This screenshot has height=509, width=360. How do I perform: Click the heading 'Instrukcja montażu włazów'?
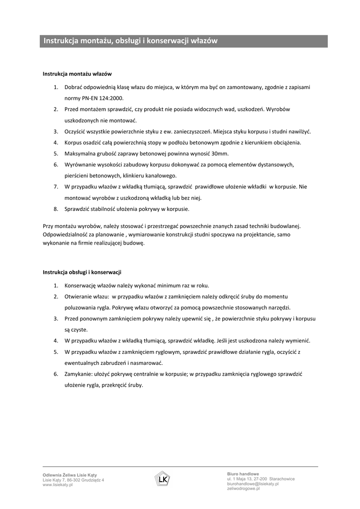click(77, 74)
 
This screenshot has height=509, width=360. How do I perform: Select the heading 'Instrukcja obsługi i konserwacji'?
click(82, 272)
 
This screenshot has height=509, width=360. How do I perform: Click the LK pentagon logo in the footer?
click(162, 479)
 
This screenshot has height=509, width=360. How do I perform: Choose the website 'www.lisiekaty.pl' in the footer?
click(58, 485)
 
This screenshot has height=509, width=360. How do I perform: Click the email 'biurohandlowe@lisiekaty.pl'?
click(253, 484)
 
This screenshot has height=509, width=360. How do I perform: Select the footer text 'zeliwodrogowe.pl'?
click(244, 489)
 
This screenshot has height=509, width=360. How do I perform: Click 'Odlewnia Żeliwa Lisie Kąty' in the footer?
click(66, 476)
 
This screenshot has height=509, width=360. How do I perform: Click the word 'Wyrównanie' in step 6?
click(80, 165)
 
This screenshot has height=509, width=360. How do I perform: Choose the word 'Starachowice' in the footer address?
click(282, 479)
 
